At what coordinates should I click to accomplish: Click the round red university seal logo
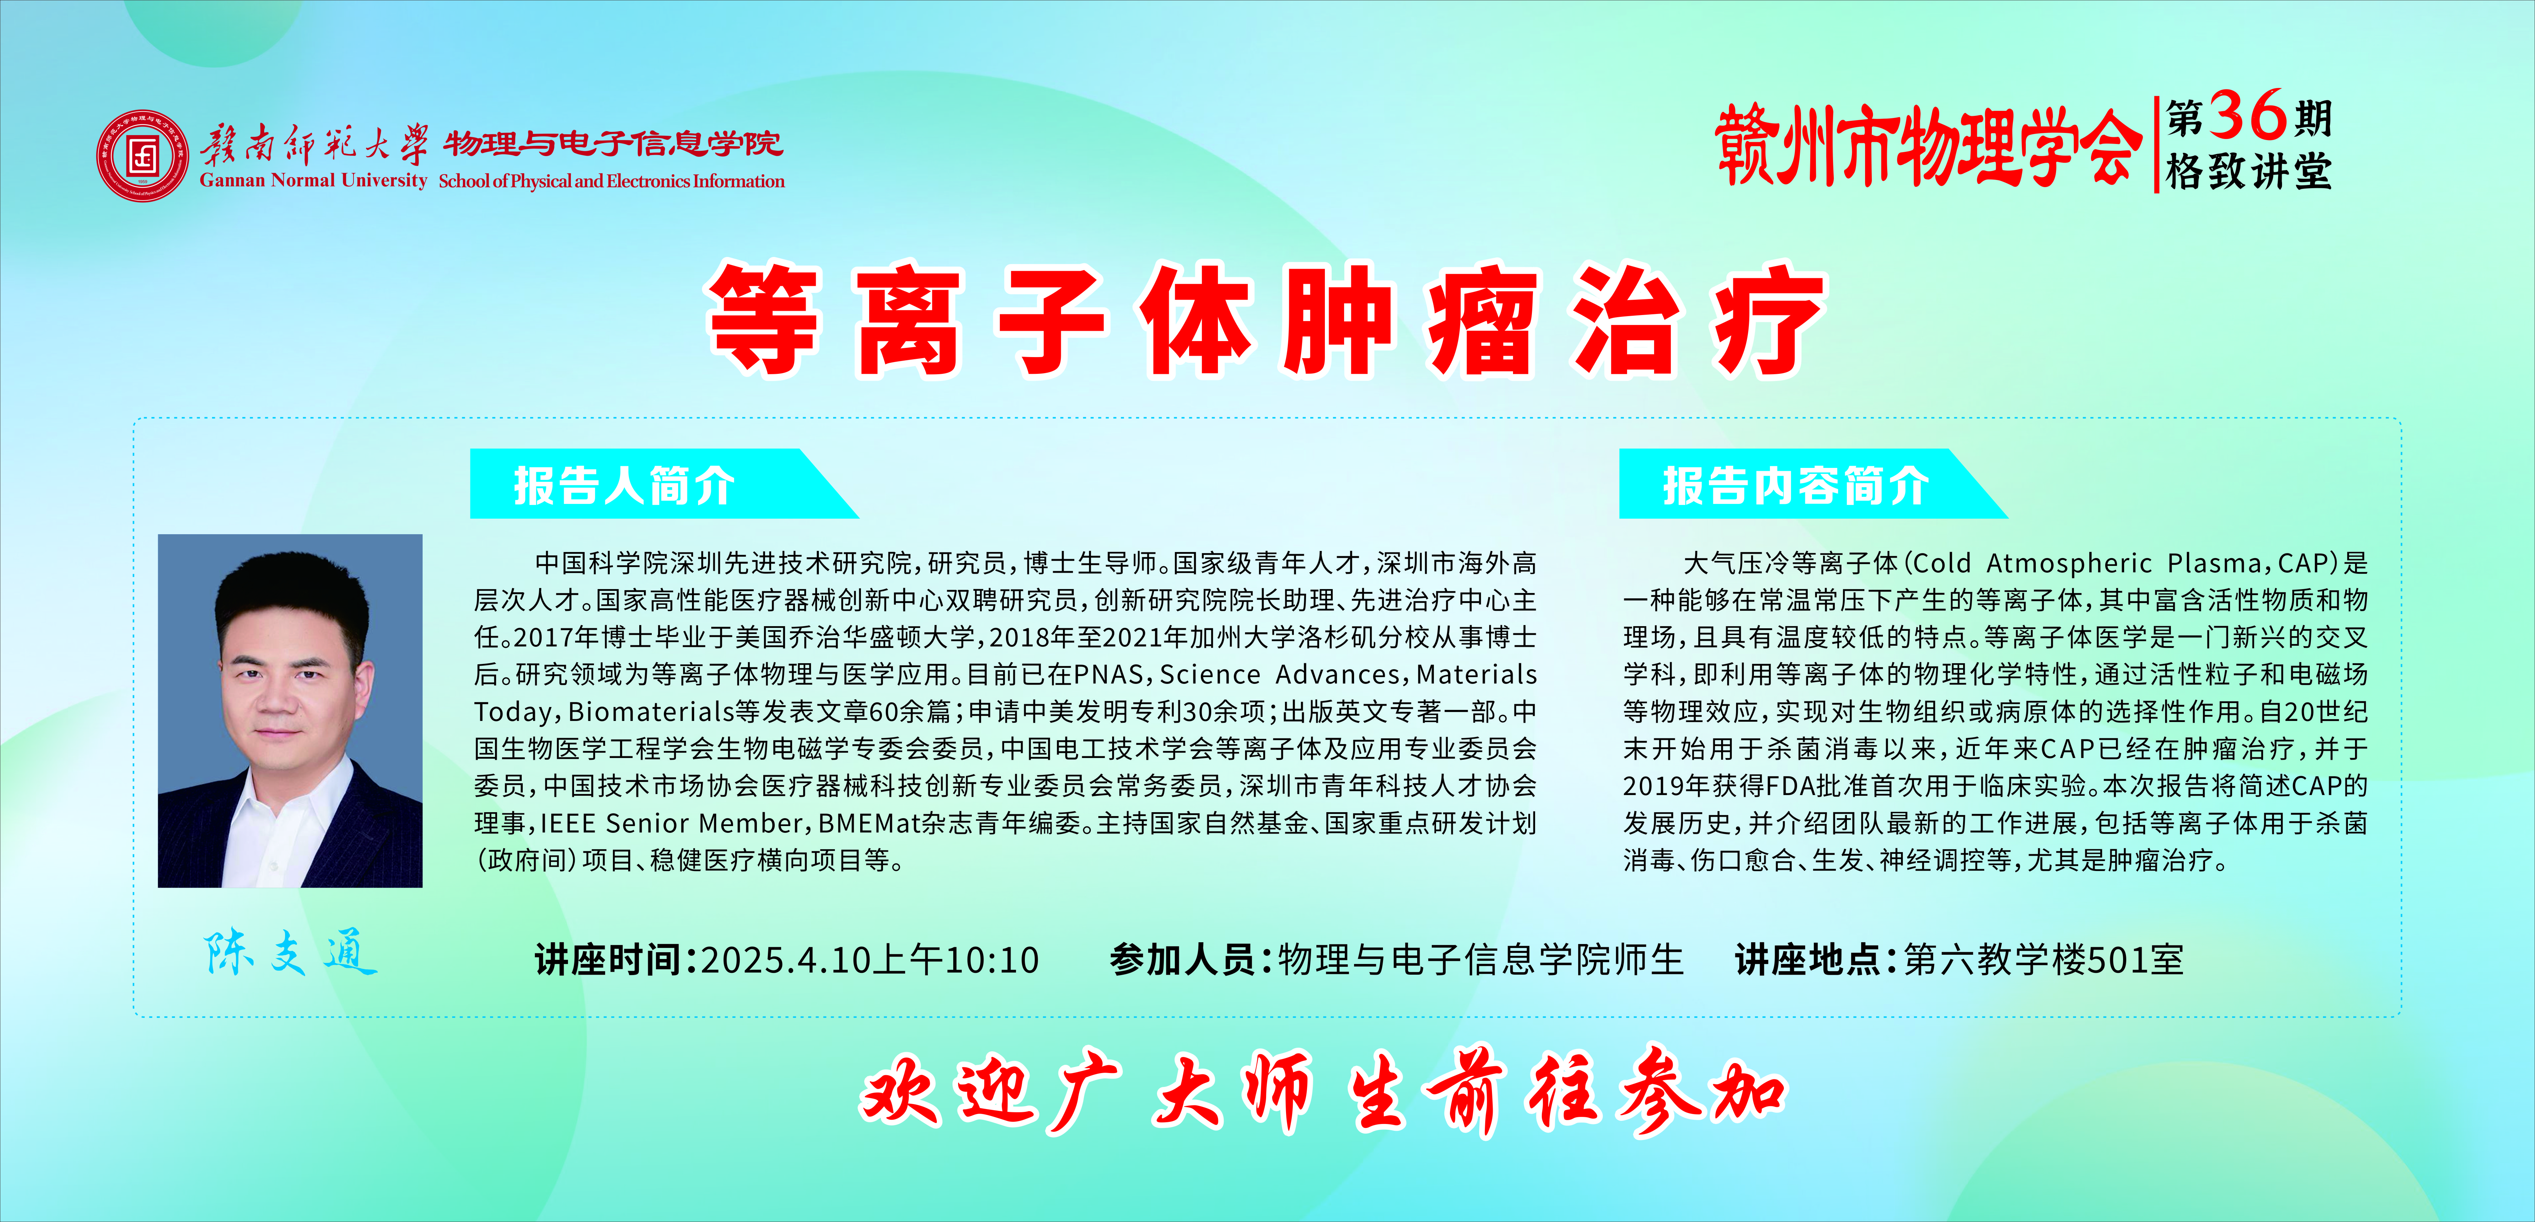143,155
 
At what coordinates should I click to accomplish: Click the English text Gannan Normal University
313,180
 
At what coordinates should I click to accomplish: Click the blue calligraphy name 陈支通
290,953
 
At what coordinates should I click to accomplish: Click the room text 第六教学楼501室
2044,959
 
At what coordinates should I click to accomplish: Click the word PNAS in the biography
1108,675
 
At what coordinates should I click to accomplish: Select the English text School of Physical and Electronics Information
611,181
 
